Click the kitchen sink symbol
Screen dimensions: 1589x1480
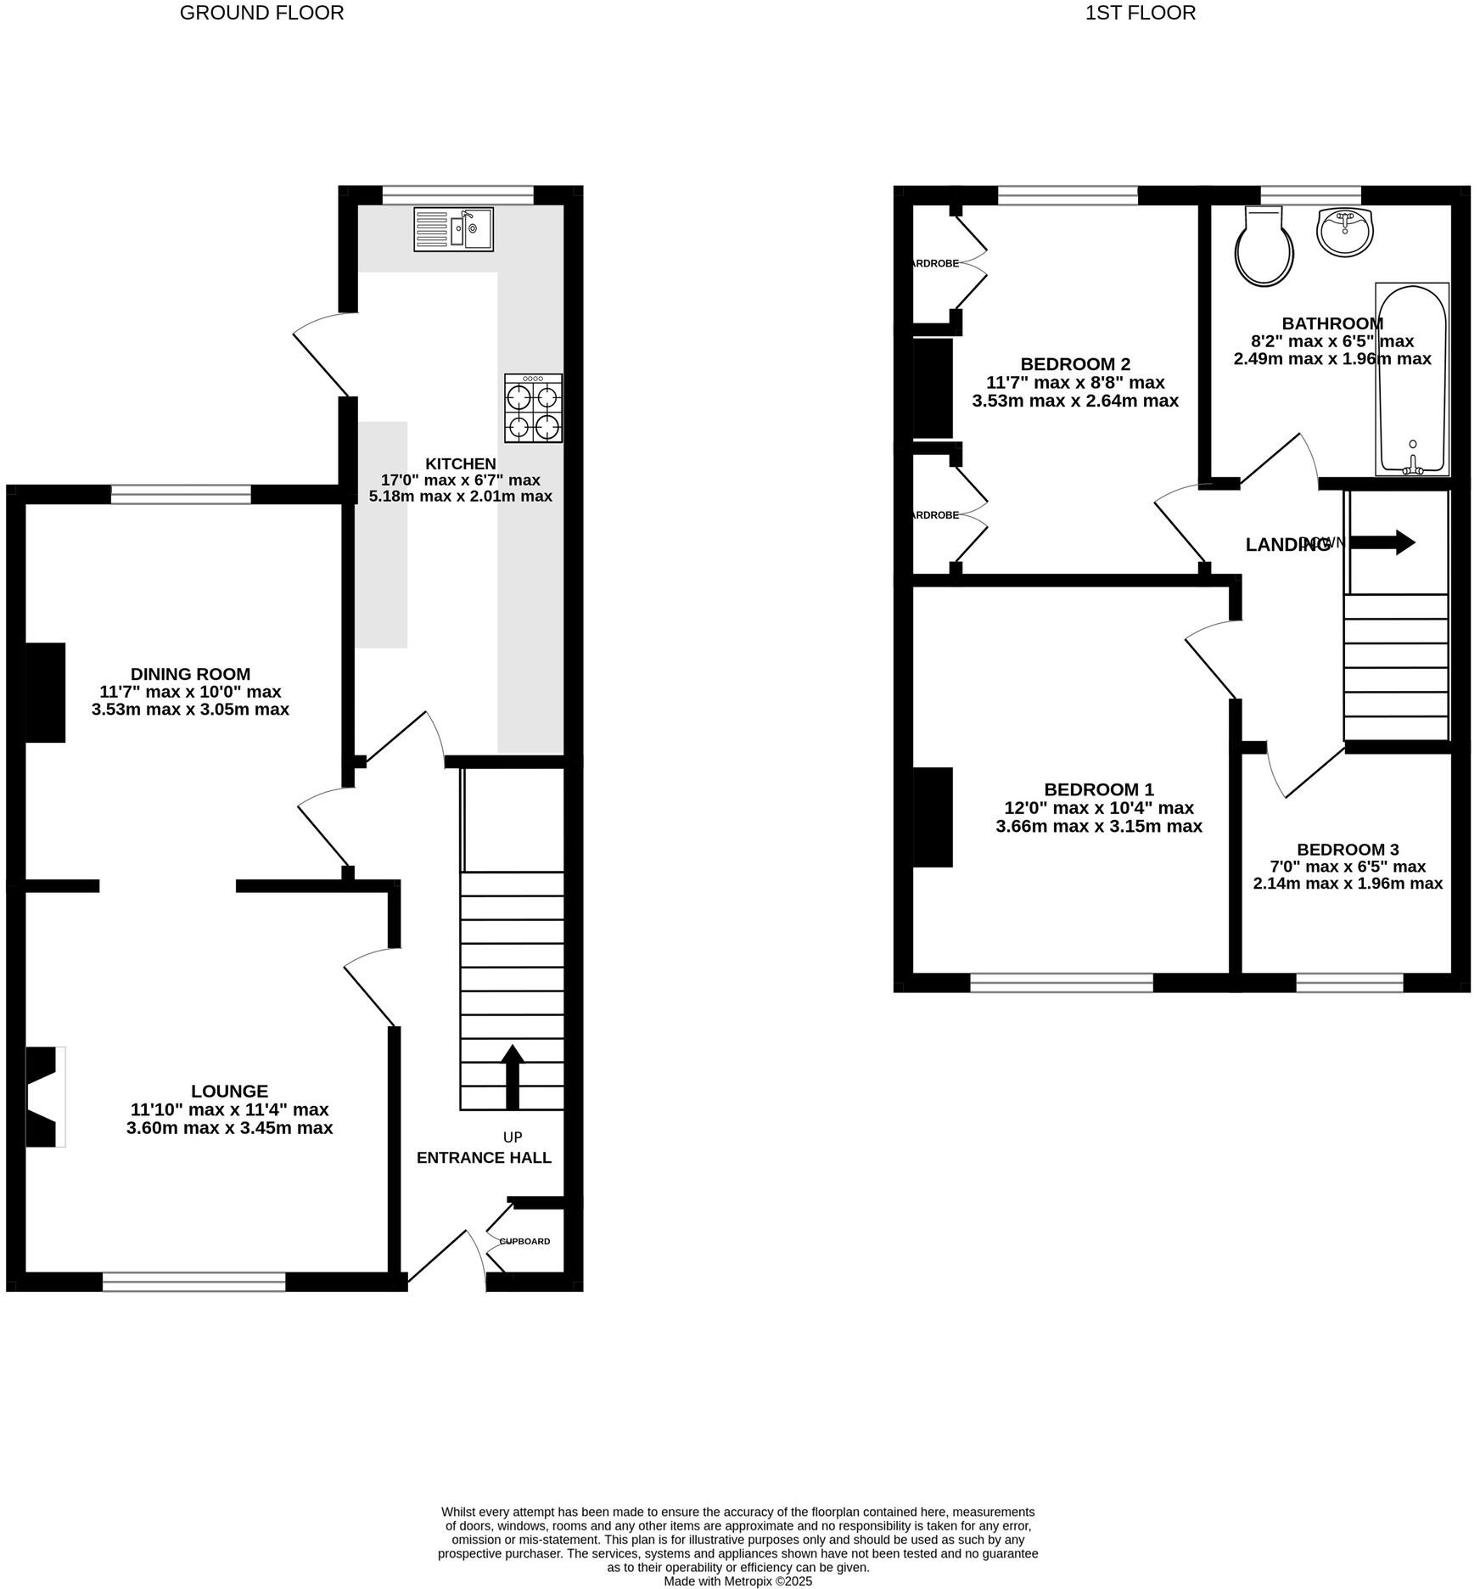click(x=453, y=229)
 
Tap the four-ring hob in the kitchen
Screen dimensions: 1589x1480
click(x=533, y=408)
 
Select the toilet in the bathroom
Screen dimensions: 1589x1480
click(x=1264, y=247)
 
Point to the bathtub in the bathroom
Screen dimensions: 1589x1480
click(x=1412, y=379)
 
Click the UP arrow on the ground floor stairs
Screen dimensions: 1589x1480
click(x=512, y=1076)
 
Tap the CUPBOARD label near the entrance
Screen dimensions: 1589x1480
click(x=524, y=1241)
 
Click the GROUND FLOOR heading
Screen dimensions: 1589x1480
click(x=261, y=13)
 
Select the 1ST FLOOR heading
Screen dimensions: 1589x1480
click(x=1140, y=13)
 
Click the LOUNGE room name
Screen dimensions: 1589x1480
click(x=229, y=1092)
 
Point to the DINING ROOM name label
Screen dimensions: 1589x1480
click(x=190, y=674)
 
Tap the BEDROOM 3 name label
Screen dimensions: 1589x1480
click(x=1348, y=850)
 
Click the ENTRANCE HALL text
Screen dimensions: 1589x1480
click(x=484, y=1158)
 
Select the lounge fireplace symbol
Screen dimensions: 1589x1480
click(x=44, y=1097)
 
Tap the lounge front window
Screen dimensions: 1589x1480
click(x=193, y=1282)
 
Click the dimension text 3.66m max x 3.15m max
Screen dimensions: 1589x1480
click(x=1099, y=826)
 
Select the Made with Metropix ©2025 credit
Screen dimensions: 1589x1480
click(x=737, y=1581)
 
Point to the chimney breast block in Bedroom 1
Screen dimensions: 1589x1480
click(x=933, y=817)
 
